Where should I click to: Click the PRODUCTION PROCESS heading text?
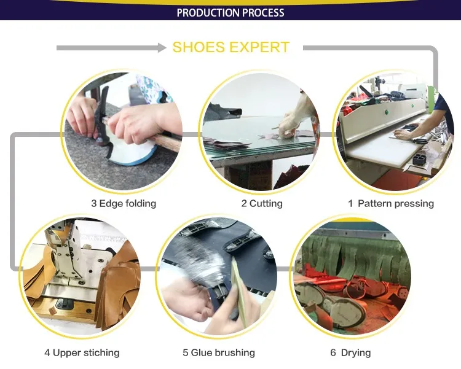tap(230, 13)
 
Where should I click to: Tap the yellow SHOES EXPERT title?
tap(230, 47)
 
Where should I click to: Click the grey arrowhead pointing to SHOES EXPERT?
tap(162, 48)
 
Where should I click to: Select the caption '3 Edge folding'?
tap(124, 203)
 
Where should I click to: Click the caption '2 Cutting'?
tap(262, 203)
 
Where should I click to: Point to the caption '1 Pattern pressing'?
tap(391, 203)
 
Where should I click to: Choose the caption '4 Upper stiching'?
tap(82, 352)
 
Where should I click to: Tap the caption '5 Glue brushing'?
tap(219, 352)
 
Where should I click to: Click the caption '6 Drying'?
tap(350, 352)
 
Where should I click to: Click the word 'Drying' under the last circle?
tap(356, 352)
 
